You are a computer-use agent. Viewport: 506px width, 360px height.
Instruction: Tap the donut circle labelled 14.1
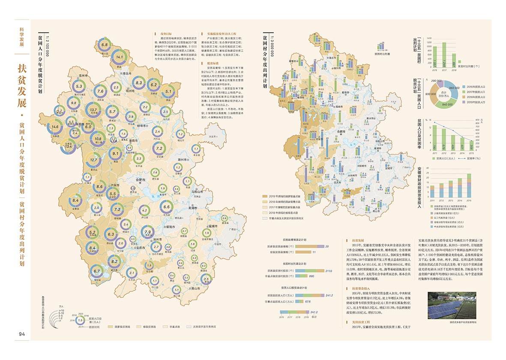coord(120,57)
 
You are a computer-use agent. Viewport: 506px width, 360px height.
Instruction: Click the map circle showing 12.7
coord(95,160)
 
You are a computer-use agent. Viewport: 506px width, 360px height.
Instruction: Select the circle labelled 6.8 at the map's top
coord(104,45)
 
